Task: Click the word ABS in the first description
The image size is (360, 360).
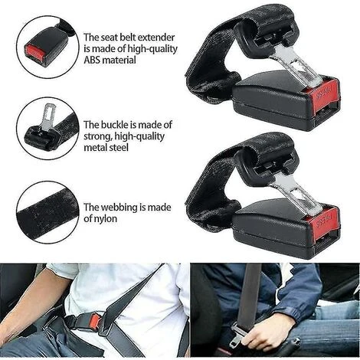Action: coord(93,60)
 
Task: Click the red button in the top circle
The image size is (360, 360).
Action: coord(34,51)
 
